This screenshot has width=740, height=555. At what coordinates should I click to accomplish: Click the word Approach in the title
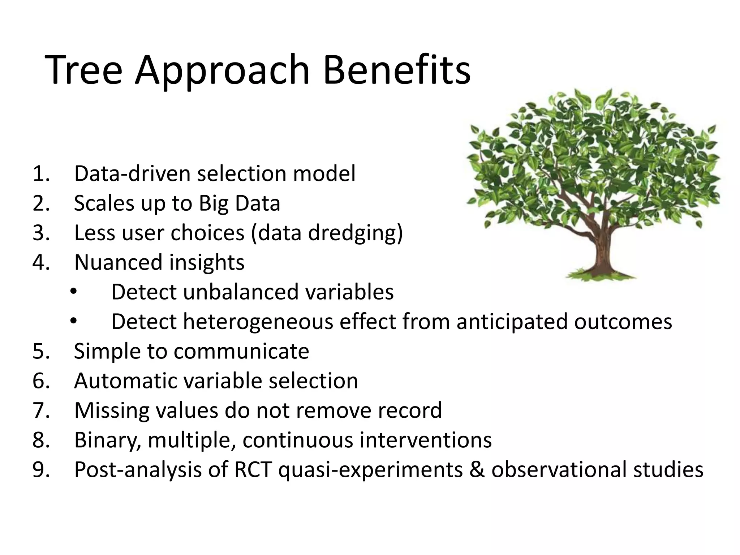click(x=222, y=72)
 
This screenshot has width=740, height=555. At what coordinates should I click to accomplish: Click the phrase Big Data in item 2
click(x=239, y=203)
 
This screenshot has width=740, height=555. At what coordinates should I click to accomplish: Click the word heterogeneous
click(x=258, y=322)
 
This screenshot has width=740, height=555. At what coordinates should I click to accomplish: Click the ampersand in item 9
click(x=477, y=470)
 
